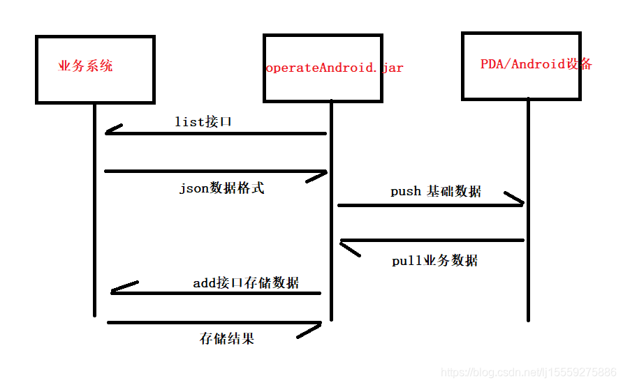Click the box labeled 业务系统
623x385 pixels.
[x=95, y=69]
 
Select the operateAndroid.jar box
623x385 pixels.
[x=323, y=68]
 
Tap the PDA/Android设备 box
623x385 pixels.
[x=521, y=66]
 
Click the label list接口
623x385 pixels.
[x=203, y=122]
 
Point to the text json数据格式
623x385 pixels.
[x=222, y=188]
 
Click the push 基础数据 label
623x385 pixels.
[x=436, y=191]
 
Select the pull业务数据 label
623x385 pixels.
[x=435, y=261]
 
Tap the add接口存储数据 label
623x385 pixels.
[x=246, y=282]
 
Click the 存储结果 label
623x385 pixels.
[x=227, y=339]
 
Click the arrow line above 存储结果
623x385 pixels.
[x=214, y=323]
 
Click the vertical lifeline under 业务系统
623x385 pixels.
[x=94, y=209]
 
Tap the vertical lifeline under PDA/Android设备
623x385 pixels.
[x=527, y=209]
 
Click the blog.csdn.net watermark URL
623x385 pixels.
[x=529, y=372]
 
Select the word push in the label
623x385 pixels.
[x=406, y=191]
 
